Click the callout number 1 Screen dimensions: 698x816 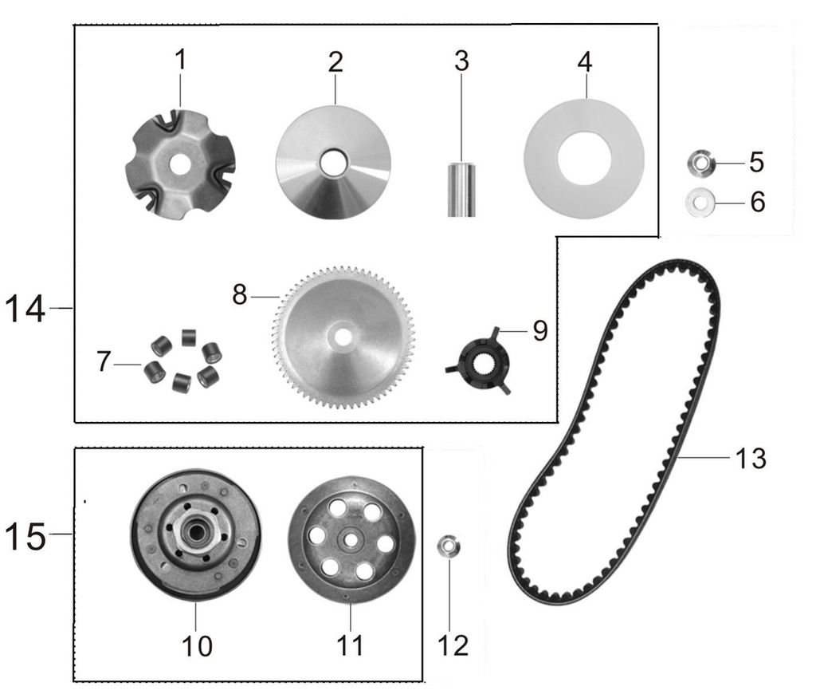181,60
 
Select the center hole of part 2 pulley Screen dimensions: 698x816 331,162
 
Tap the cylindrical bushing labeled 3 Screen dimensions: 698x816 461,189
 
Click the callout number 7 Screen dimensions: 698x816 104,363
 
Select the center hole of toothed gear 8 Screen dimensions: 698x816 343,337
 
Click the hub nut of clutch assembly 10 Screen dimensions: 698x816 193,535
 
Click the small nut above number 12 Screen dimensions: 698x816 448,548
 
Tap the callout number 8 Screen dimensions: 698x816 240,295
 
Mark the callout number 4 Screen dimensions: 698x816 585,62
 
